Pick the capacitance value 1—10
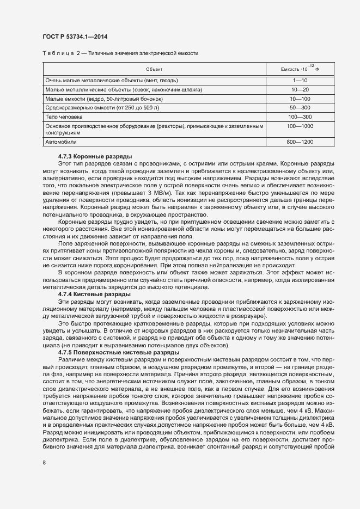[x=300, y=80]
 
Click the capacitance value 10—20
[x=300, y=89]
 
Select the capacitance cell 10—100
[x=300, y=99]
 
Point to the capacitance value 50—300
[x=300, y=108]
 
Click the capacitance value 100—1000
[x=300, y=126]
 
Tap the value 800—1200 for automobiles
[x=300, y=142]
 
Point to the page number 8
[x=44, y=462]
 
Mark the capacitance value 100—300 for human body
[x=300, y=117]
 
